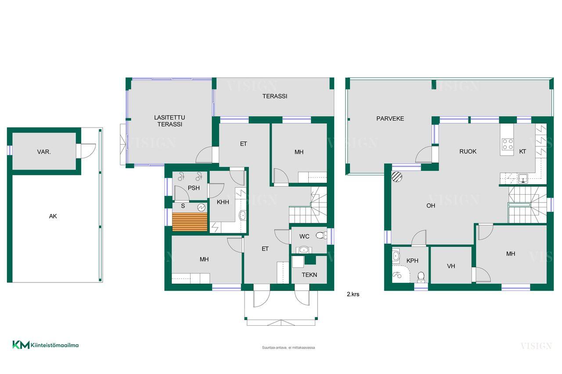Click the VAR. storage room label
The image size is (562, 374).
[x=44, y=152]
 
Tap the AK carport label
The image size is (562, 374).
[x=53, y=216]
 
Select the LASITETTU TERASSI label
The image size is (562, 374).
[x=170, y=121]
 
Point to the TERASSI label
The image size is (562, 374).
[x=275, y=96]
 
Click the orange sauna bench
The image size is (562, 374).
[x=190, y=222]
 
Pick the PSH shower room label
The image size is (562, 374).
[x=194, y=188]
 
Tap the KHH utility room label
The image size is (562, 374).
[x=223, y=202]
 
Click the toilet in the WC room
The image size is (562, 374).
[x=321, y=235]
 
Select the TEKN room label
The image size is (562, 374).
[x=310, y=275]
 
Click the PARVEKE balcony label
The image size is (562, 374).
[x=390, y=119]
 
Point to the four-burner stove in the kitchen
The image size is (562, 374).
[x=507, y=144]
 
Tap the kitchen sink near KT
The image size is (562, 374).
[x=523, y=178]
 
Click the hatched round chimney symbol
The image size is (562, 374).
[x=397, y=176]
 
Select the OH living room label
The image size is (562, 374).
[x=431, y=206]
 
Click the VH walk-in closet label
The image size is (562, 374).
[x=451, y=266]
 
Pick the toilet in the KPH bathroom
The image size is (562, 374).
[x=421, y=277]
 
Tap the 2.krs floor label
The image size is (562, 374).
[x=353, y=294]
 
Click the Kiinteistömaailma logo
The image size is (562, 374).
[x=45, y=345]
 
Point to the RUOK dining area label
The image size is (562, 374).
[x=468, y=152]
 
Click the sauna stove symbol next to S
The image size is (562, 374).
[x=201, y=207]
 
